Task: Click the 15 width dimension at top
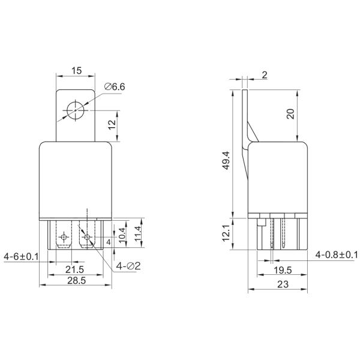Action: [x=76, y=70]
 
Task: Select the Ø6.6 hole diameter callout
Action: [x=114, y=87]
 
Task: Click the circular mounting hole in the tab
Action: [x=76, y=110]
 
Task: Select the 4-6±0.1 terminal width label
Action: [x=21, y=256]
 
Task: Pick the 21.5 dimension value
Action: [x=75, y=269]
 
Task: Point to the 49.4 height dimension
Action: [x=225, y=162]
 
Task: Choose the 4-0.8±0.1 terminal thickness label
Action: [x=337, y=256]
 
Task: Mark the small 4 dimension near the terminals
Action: [x=108, y=241]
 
